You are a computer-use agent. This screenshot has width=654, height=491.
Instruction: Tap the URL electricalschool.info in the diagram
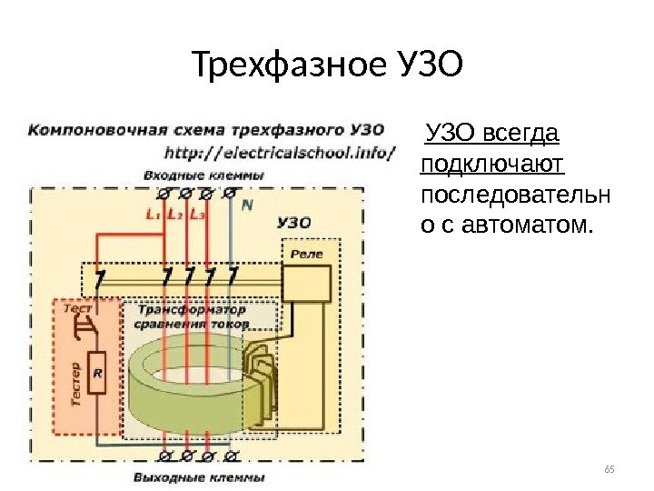[281, 152]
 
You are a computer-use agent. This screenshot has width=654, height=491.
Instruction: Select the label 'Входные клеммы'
[203, 175]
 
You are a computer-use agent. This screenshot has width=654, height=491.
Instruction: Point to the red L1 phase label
[153, 215]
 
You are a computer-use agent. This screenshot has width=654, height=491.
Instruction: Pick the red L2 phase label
[175, 215]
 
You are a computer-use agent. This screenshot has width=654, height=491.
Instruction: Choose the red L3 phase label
[198, 215]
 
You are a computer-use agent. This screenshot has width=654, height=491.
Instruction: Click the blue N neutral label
[246, 206]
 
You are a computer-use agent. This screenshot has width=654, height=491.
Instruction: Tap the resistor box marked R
[97, 373]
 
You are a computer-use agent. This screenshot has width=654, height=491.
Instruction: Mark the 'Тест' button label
[77, 309]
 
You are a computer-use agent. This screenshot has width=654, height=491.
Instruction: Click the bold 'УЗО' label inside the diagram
[294, 222]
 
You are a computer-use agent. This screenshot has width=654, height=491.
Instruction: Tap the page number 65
[609, 469]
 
